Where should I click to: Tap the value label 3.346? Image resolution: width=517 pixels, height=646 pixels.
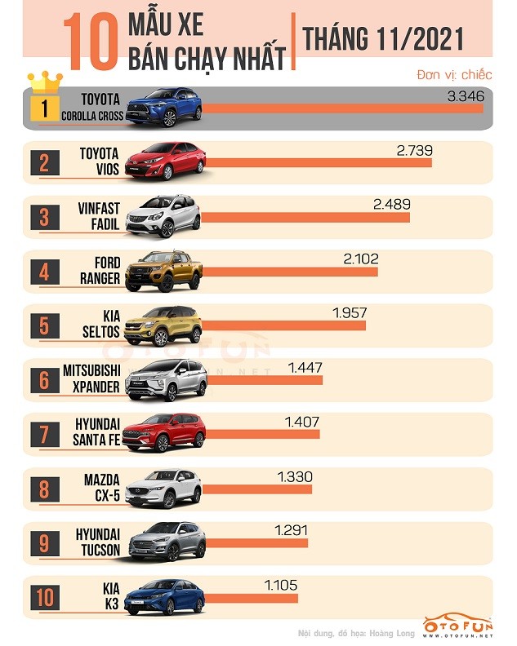466,96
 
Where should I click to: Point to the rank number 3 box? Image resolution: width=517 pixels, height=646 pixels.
44,217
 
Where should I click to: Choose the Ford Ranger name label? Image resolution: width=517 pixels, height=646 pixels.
100,270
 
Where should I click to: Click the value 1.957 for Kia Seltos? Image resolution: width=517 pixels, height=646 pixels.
350,312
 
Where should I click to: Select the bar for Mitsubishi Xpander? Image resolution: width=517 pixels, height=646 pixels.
261,380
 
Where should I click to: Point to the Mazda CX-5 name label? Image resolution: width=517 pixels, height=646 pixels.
100,488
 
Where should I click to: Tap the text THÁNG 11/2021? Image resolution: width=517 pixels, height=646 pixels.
382,38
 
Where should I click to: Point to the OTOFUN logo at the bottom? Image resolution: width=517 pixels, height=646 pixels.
457,626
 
